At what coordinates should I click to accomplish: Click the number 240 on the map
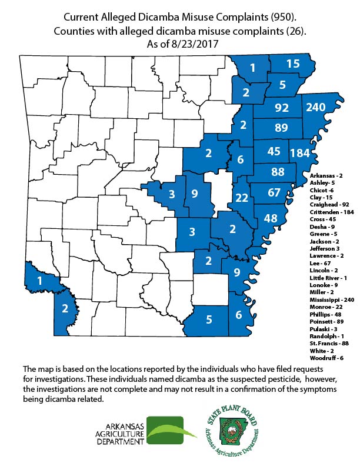pyautogui.click(x=324, y=107)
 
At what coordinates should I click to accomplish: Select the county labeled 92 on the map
pyautogui.click(x=282, y=108)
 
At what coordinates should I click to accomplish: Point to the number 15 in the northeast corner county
pyautogui.click(x=293, y=63)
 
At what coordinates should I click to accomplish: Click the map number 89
pyautogui.click(x=281, y=128)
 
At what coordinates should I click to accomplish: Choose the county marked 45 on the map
pyautogui.click(x=273, y=151)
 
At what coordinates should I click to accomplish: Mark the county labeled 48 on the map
pyautogui.click(x=271, y=218)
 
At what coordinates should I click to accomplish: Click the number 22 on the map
pyautogui.click(x=241, y=198)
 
